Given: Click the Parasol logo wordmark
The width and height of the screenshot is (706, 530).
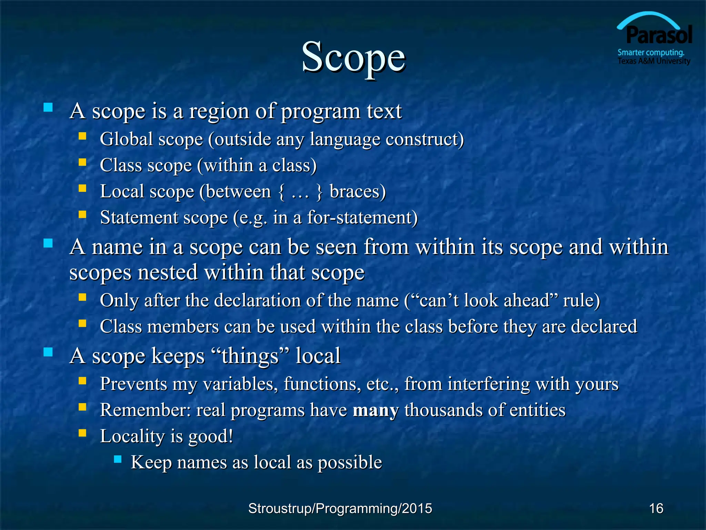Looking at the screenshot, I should point(658,35).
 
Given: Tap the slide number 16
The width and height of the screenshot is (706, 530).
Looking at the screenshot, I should point(656,508).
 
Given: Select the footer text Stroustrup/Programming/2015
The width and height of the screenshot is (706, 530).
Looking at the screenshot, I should point(340,508).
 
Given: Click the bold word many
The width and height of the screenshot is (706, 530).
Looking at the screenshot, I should point(375,410).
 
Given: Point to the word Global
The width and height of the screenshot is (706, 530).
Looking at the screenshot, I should point(126,139).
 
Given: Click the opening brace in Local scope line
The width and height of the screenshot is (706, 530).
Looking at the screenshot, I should point(281,192).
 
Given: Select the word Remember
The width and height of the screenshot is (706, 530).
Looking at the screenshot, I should point(145,410).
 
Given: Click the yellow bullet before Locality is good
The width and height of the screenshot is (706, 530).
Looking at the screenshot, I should point(82,433).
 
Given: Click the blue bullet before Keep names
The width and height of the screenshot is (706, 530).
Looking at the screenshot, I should point(118,459).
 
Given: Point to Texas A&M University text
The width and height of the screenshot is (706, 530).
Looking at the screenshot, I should point(654,61).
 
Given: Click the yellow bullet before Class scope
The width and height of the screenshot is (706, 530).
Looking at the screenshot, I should point(82,162).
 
